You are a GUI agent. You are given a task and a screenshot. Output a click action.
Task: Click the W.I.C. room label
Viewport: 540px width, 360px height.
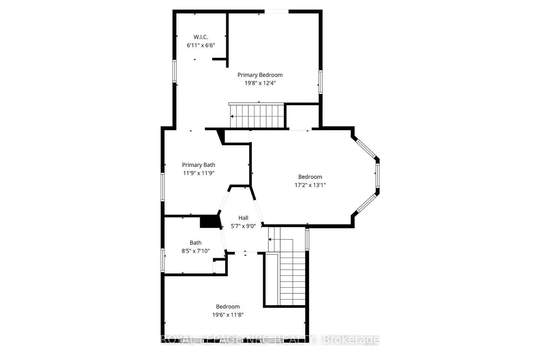201,37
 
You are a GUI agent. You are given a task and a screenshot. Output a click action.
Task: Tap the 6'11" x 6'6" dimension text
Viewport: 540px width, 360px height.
201,45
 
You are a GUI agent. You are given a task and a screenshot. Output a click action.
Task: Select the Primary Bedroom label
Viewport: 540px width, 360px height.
260,75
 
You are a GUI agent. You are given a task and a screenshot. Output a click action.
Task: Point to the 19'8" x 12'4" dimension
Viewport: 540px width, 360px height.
260,83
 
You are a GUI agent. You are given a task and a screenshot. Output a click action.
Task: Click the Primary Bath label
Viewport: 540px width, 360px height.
198,165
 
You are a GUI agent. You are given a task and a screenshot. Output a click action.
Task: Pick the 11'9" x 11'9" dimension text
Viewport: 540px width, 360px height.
198,173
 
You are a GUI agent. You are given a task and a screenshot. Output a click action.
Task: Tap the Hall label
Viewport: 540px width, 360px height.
243,218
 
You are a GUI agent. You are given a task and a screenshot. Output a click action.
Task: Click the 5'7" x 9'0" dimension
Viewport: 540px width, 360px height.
243,226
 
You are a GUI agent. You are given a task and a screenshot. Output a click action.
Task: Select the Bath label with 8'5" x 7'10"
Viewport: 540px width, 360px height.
195,243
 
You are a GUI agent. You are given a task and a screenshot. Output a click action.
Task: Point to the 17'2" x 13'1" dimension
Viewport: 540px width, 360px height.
310,185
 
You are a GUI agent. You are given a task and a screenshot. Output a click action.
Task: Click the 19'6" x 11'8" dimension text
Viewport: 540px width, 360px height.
228,315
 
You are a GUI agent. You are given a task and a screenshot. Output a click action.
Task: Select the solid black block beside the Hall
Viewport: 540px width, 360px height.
210,222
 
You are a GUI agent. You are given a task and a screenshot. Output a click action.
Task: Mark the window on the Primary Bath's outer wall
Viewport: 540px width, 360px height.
163,187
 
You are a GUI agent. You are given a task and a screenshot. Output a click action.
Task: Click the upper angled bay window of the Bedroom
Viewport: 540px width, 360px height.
366,149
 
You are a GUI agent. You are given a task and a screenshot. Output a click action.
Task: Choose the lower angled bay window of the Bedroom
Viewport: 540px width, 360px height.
366,203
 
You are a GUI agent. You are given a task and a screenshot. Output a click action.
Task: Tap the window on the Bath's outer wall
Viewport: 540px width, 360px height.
163,260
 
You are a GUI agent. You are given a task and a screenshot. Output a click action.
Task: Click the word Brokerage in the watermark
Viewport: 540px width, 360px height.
351,340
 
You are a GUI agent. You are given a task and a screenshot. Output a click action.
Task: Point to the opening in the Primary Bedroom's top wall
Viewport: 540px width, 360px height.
276,12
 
